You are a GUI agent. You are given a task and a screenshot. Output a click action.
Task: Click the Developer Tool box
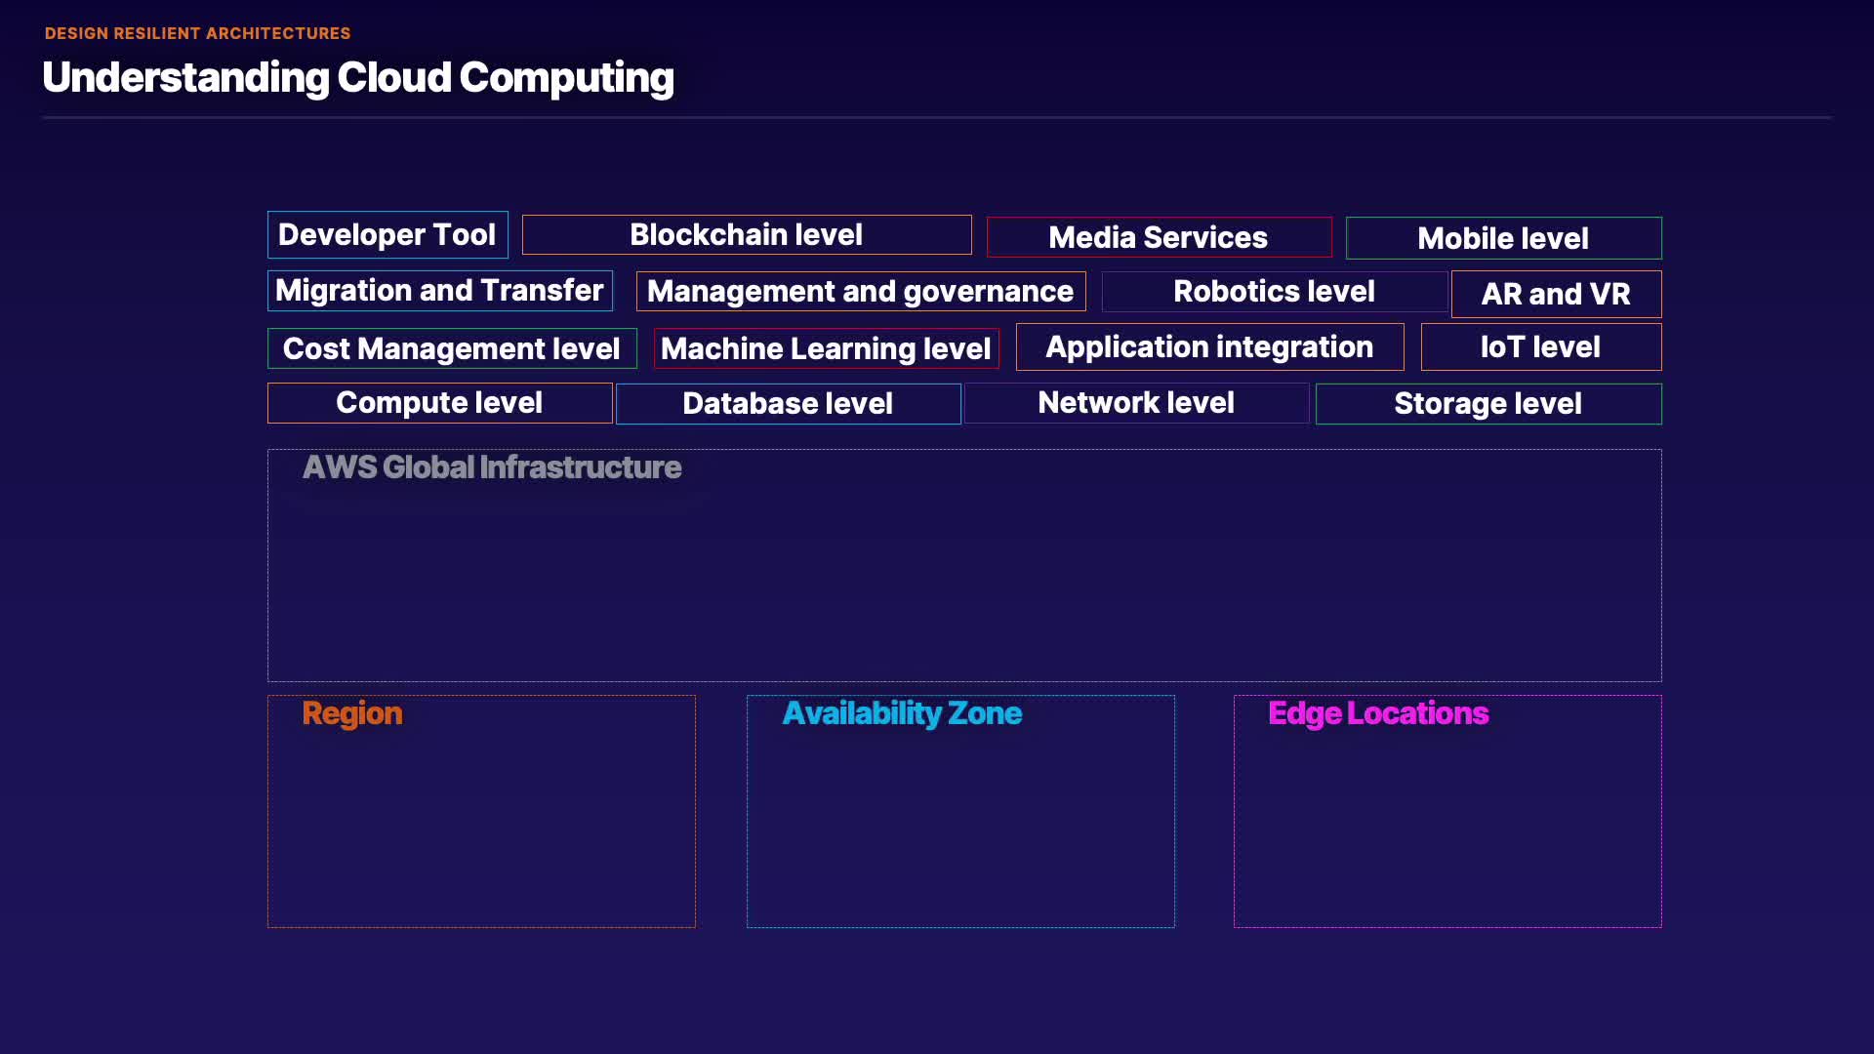(x=387, y=235)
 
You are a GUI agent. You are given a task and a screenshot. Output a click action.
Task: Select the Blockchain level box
(x=747, y=235)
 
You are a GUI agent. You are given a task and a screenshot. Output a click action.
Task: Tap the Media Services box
(x=1159, y=237)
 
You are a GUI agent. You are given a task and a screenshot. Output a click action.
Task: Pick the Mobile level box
(x=1503, y=238)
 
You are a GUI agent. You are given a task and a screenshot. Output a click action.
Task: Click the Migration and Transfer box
(x=440, y=291)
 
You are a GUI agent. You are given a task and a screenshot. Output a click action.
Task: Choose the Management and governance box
(x=861, y=292)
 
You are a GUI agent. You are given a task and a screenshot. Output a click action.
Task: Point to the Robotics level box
(x=1275, y=292)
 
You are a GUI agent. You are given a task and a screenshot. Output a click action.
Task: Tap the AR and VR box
(x=1556, y=294)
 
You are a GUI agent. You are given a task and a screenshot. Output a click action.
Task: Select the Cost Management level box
(x=452, y=348)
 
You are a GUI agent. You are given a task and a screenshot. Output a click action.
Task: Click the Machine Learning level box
(x=826, y=348)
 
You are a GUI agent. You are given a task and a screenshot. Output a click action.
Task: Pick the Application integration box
(x=1209, y=346)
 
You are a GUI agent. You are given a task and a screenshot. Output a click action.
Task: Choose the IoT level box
(x=1541, y=346)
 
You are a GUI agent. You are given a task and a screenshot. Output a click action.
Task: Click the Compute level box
(x=440, y=403)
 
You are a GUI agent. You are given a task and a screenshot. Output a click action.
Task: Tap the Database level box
(x=788, y=404)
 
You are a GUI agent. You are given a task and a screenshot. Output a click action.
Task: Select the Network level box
(x=1136, y=403)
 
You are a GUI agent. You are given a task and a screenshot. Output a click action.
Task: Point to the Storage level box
(x=1488, y=404)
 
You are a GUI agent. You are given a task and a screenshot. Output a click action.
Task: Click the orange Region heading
(x=352, y=713)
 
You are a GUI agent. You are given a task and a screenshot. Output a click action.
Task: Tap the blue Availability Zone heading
(x=902, y=713)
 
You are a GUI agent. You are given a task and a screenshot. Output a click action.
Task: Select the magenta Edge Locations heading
(x=1378, y=713)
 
